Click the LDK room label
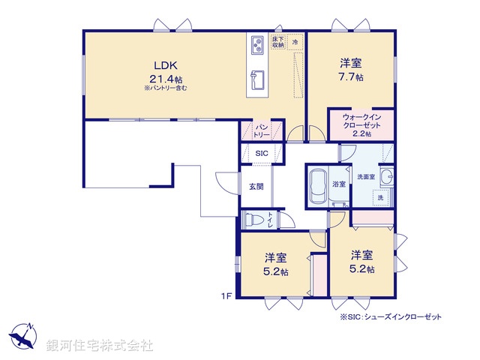point(165,64)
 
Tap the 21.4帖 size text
point(165,78)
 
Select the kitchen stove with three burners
point(256,46)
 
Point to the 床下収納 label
point(277,42)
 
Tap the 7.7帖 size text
point(351,77)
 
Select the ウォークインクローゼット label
point(361,121)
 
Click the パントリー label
point(261,132)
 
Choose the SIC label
point(261,154)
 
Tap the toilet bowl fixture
point(257,220)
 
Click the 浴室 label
point(339,184)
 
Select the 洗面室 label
point(365,176)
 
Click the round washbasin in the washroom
point(388,177)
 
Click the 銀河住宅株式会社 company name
point(100,346)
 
